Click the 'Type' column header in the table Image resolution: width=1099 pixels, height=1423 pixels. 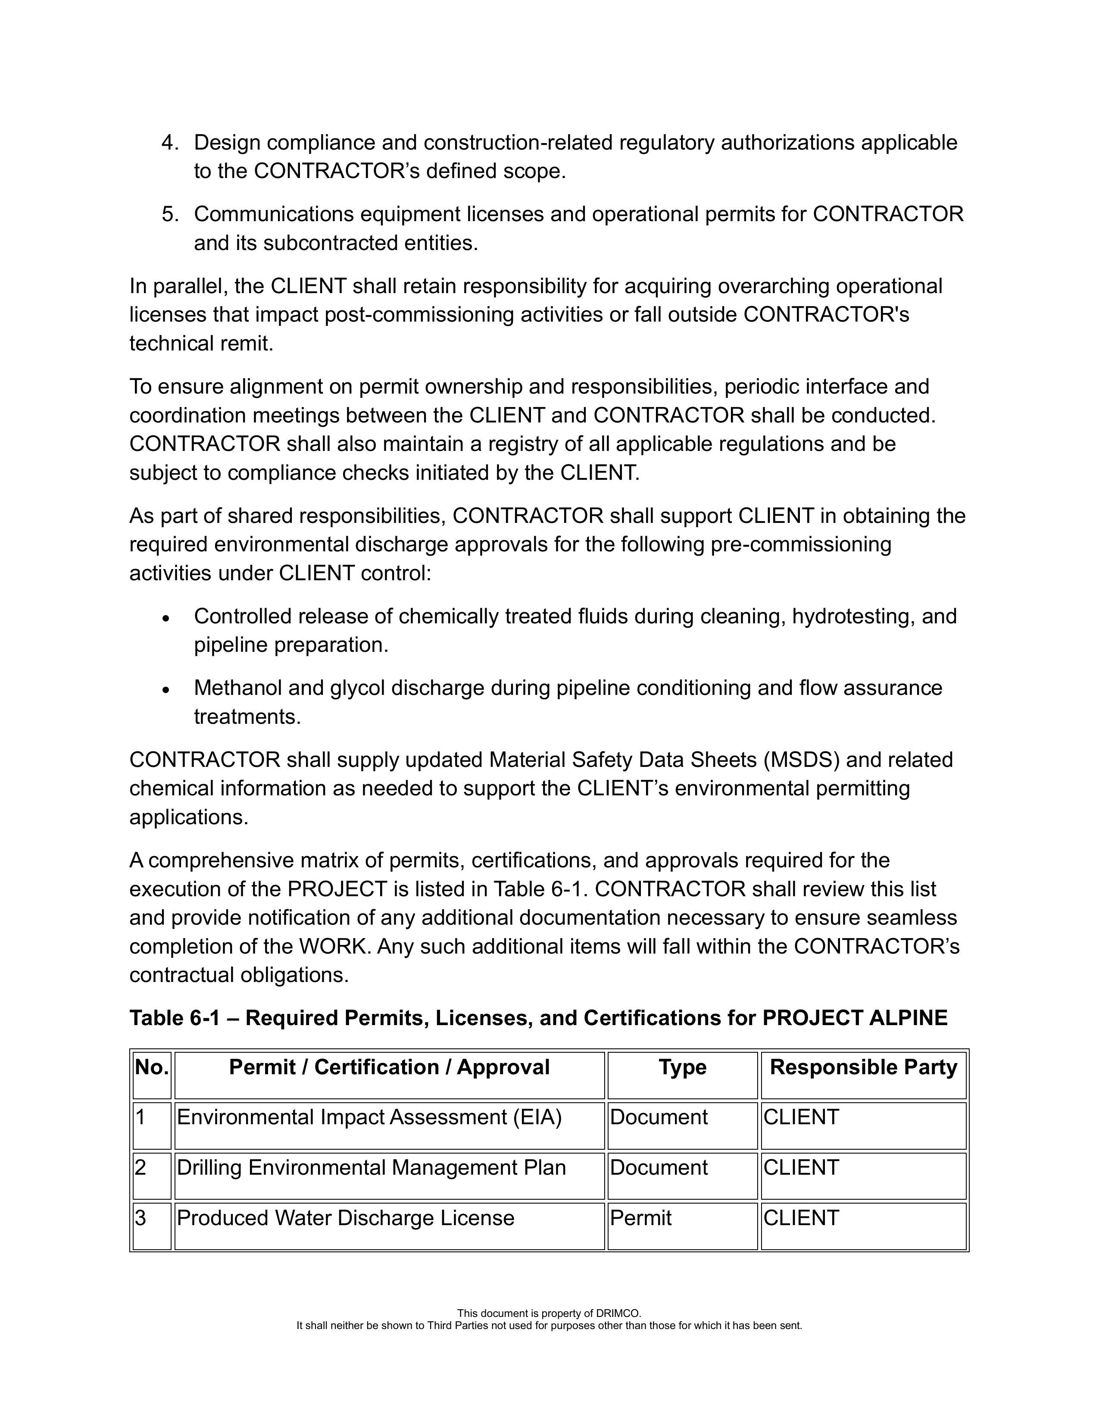(682, 1067)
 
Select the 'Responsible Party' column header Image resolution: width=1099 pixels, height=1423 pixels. (863, 1067)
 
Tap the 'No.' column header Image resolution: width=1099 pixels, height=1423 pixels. (152, 1067)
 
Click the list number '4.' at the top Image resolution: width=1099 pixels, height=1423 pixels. (170, 143)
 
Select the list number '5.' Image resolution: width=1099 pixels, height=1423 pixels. (170, 214)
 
